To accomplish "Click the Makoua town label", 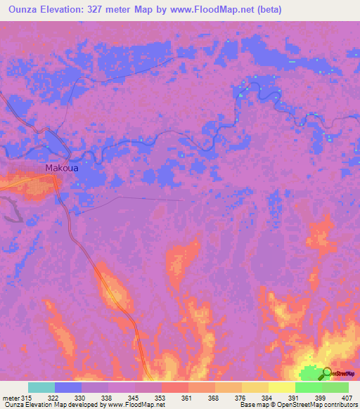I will click(63, 169).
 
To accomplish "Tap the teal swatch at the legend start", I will click(41, 387).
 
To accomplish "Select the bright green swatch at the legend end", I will click(335, 387).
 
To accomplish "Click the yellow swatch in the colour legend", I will click(281, 387).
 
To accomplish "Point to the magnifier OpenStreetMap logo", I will click(328, 374).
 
